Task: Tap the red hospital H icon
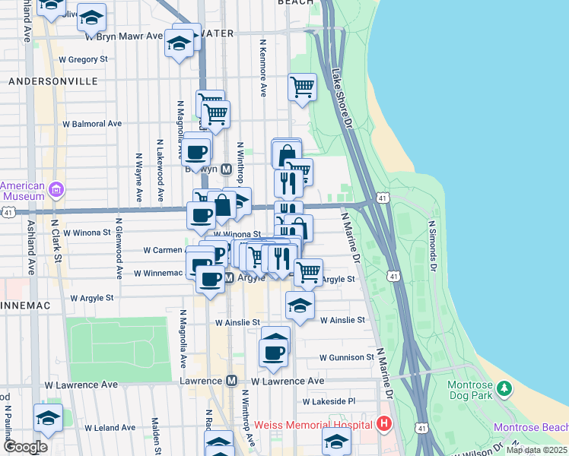384,423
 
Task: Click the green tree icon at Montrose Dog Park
504,388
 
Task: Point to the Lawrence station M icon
232,381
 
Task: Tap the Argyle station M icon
229,278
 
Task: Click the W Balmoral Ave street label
92,123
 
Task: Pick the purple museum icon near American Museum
55,188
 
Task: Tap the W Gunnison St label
347,357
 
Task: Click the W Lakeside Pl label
329,401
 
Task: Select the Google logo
25,447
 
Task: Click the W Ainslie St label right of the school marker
342,321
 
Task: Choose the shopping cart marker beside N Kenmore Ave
302,87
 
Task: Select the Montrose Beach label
531,428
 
